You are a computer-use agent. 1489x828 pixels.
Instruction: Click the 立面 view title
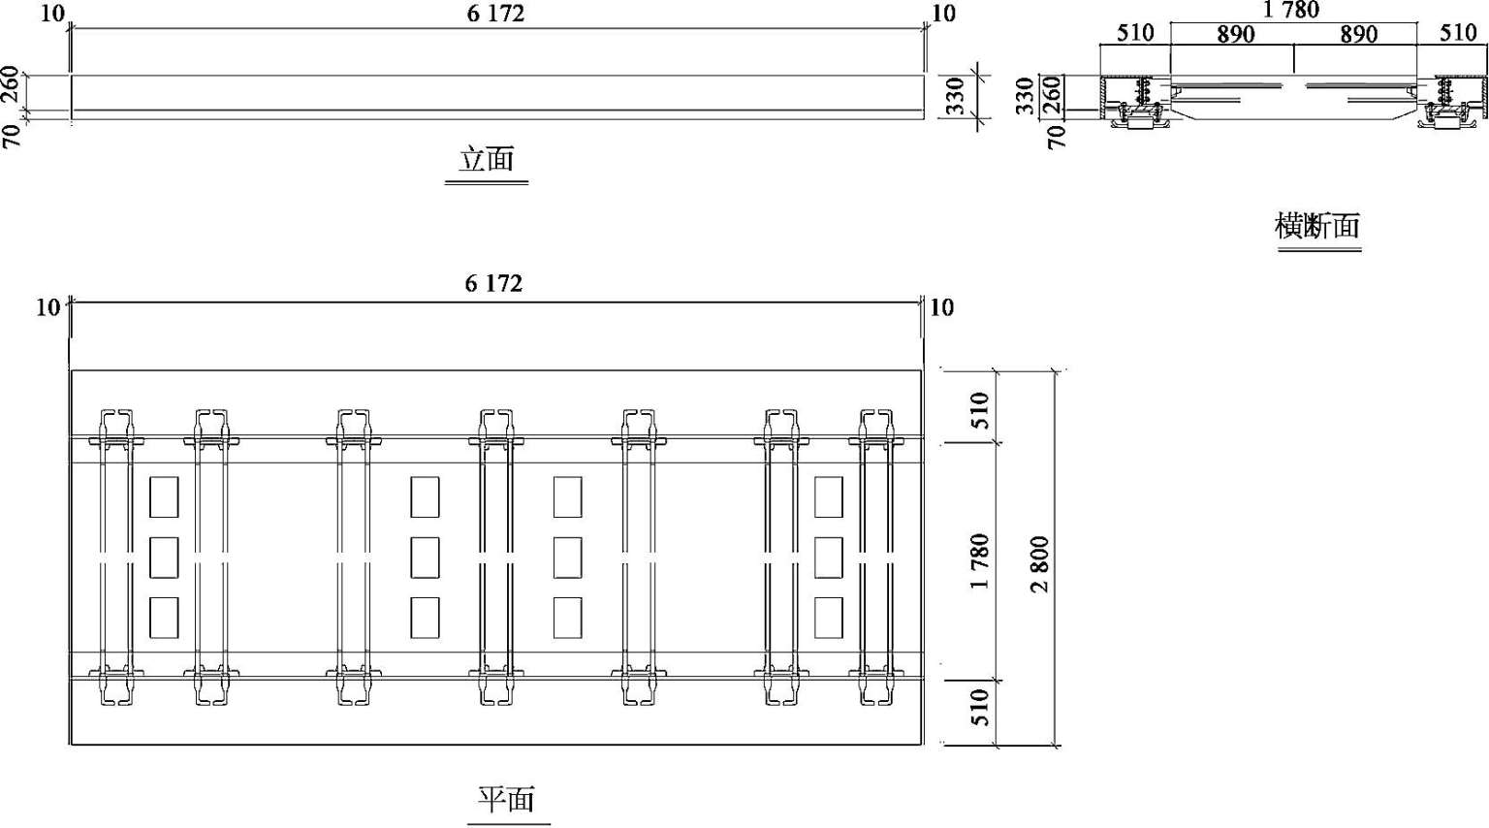487,160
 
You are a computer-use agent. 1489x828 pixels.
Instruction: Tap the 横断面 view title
1317,226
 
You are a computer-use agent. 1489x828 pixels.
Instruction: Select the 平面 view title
507,800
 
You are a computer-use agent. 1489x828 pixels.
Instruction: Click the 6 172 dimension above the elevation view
495,14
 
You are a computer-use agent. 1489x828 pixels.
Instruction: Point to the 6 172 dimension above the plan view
493,283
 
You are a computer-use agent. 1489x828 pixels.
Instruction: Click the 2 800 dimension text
1039,564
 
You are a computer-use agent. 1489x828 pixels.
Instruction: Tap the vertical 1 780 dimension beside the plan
980,561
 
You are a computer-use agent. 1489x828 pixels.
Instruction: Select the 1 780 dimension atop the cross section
1290,10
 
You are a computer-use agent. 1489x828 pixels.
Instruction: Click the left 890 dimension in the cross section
1236,34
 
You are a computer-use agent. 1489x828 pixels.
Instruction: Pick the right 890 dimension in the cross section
1359,34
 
